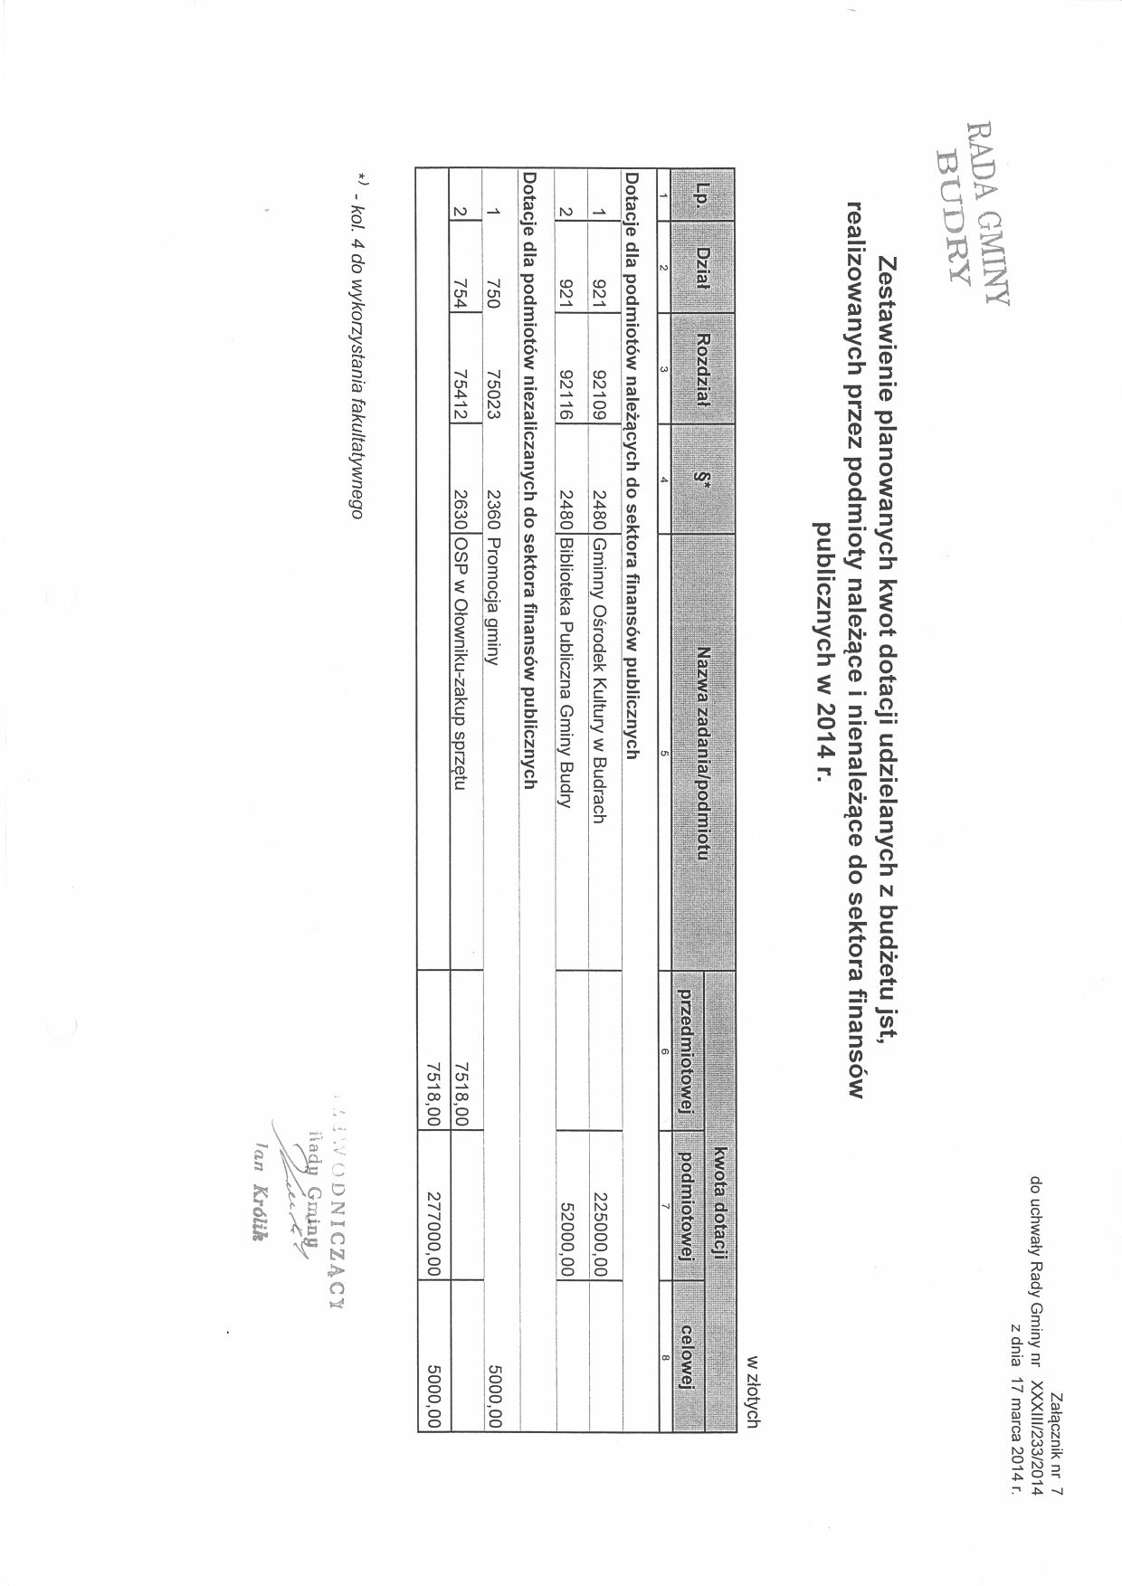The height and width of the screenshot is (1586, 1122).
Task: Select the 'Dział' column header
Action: (700, 268)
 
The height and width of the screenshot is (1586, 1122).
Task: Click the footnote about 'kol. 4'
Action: (359, 345)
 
